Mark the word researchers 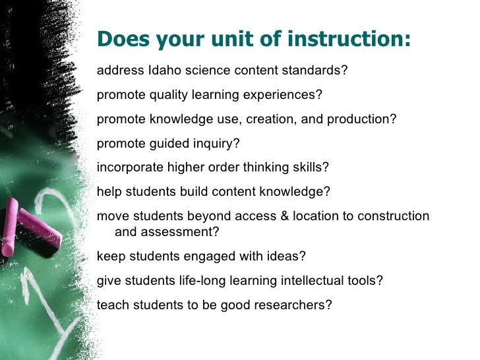[x=293, y=305]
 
